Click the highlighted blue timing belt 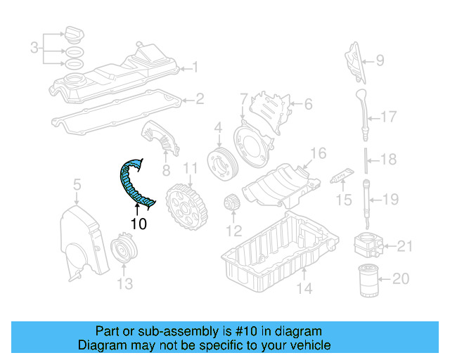point(131,184)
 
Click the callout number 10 point(139,224)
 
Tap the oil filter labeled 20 point(370,281)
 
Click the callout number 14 point(303,288)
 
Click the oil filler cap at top point(74,32)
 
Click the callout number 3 point(34,49)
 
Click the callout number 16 point(319,153)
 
